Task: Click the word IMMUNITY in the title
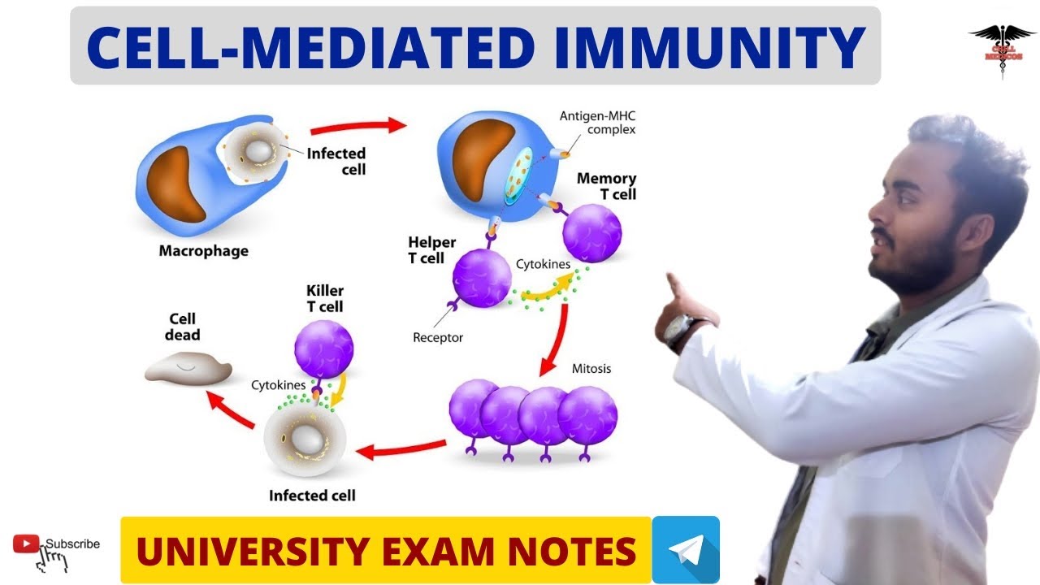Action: tap(708, 47)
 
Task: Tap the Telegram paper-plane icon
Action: tap(685, 549)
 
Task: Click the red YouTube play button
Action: tap(27, 544)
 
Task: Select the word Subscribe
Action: tap(72, 544)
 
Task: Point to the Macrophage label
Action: tap(203, 251)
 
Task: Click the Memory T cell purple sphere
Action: tap(592, 233)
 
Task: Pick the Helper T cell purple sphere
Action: tap(482, 279)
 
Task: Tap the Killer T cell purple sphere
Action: tap(323, 349)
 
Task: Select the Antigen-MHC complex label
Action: tap(597, 122)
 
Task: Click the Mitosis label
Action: tap(591, 369)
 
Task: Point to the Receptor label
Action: tap(438, 337)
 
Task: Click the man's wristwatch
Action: tap(678, 331)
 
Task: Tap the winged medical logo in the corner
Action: tap(1001, 44)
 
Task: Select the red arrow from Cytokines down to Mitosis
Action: tap(555, 340)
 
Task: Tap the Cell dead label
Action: tap(183, 327)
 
